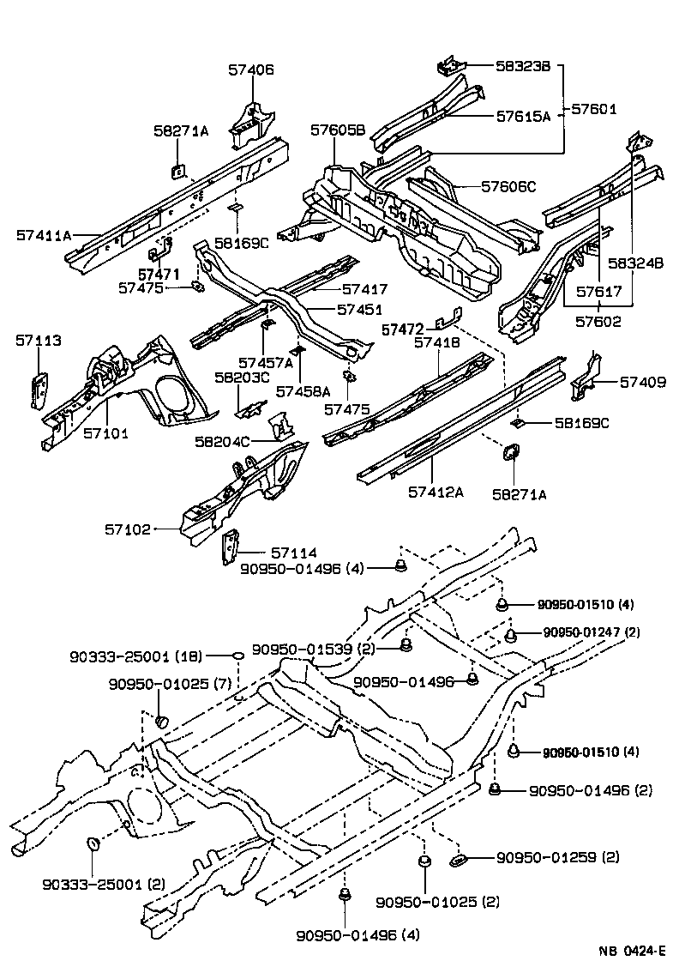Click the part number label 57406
pos(251,70)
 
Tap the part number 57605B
pos(338,130)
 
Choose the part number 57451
pos(359,309)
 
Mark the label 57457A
pos(266,363)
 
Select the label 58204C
pos(222,441)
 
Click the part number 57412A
pos(436,492)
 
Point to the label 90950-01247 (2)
pos(591,632)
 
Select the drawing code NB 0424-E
pos(632,952)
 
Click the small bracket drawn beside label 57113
pos(39,390)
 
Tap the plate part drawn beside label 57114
pos(229,548)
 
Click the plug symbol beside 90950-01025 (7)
pos(160,719)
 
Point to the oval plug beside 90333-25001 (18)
pos(237,656)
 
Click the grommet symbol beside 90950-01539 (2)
pos(407,645)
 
